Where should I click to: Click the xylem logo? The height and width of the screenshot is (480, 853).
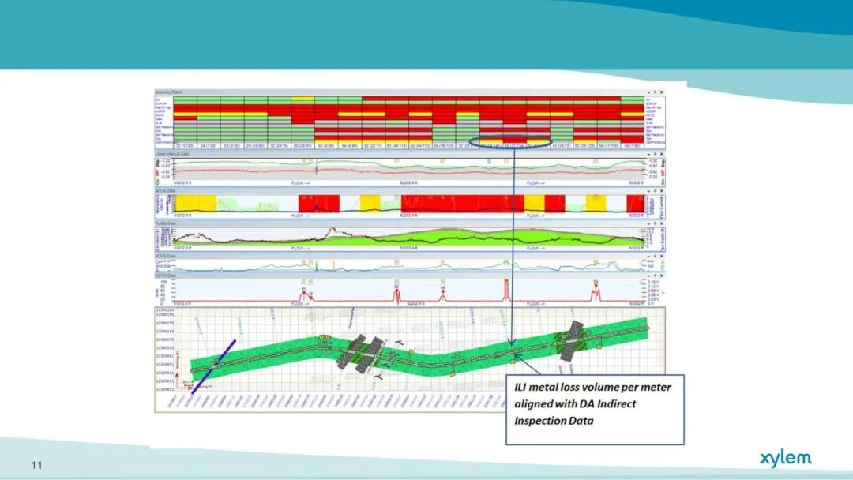pyautogui.click(x=785, y=459)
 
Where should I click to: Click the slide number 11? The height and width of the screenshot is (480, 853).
pyautogui.click(x=36, y=465)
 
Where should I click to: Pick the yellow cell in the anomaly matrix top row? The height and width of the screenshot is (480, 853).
pyautogui.click(x=302, y=99)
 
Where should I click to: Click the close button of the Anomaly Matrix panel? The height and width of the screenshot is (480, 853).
pyautogui.click(x=662, y=92)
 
